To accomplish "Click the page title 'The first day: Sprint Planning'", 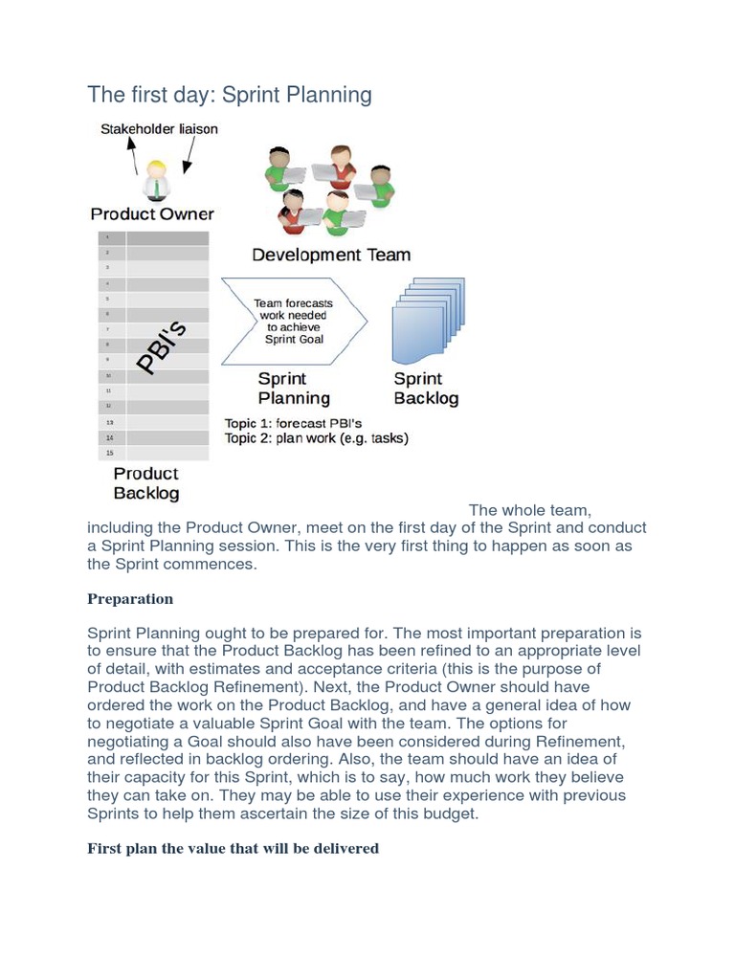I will tap(229, 95).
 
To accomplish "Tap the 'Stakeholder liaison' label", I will tap(159, 129).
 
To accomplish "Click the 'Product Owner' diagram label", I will tap(152, 213).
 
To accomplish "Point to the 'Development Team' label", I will tap(331, 255).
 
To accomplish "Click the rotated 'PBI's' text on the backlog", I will tap(161, 349).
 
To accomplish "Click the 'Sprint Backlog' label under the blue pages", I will tap(426, 389).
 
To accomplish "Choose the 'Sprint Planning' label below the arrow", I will tap(294, 389).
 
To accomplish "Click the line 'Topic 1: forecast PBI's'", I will tap(293, 423).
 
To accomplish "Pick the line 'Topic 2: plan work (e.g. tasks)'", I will tap(316, 438).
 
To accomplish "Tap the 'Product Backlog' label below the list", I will tap(145, 483).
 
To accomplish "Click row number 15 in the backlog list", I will tap(109, 453).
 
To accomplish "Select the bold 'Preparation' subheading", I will tap(130, 599).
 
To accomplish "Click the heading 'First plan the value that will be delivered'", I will tap(233, 848).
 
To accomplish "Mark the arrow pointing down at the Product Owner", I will tap(190, 153).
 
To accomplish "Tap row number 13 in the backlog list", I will tap(109, 422).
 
